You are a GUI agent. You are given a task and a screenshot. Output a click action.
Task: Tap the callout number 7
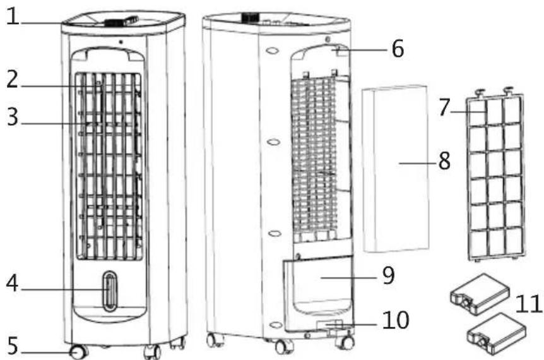coord(445,108)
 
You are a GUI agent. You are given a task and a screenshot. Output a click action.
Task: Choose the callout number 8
coord(444,161)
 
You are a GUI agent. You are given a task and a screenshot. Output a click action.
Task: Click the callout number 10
coord(395,320)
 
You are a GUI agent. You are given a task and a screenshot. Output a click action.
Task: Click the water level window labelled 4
coord(110,292)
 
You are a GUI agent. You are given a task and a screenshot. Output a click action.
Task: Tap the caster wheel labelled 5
coord(78,352)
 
